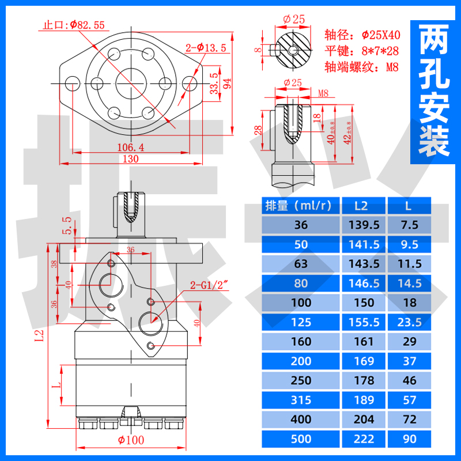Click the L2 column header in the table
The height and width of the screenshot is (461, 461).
[x=361, y=205]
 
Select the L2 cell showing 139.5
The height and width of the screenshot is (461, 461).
[x=361, y=225]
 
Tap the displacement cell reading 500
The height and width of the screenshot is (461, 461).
[x=301, y=439]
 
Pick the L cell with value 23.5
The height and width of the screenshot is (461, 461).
[x=410, y=322]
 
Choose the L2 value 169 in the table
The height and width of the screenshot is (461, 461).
[x=361, y=361]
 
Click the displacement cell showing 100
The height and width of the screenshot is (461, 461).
[x=301, y=303]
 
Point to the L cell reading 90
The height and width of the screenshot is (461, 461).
[x=410, y=439]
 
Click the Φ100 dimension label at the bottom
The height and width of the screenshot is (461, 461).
[x=131, y=440]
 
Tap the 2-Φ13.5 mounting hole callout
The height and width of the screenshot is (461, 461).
[x=205, y=48]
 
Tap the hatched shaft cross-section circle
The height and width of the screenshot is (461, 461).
[x=291, y=48]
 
